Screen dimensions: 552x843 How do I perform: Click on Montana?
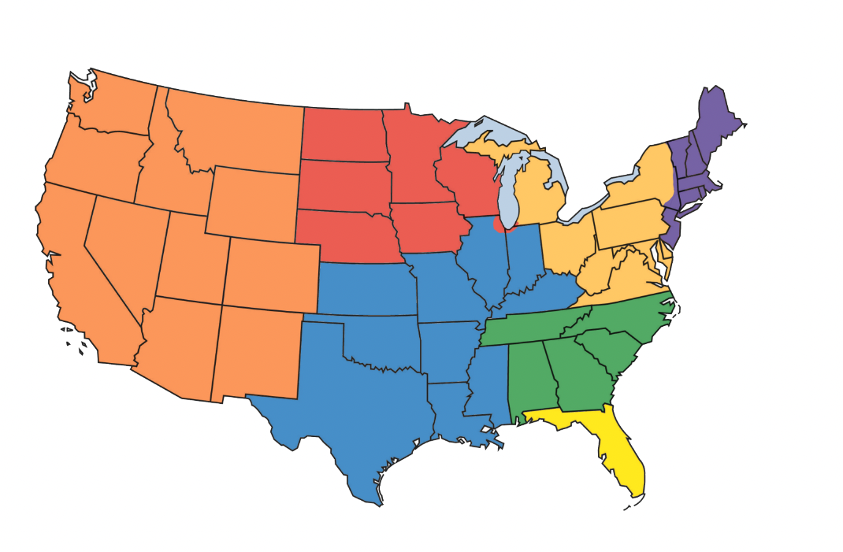[x=236, y=130]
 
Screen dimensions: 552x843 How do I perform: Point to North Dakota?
[x=343, y=134]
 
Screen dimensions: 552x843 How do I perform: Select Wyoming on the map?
[x=252, y=201]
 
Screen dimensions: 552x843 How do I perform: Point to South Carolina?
[x=611, y=350]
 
